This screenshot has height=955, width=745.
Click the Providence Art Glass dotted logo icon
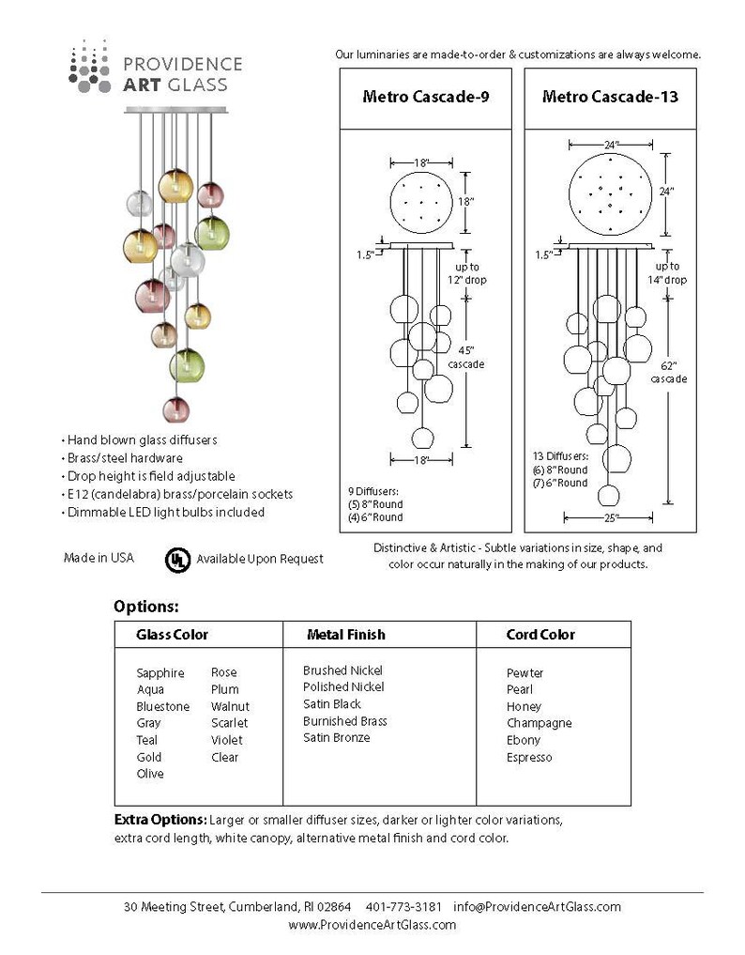tap(89, 67)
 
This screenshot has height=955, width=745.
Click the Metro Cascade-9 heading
tap(425, 97)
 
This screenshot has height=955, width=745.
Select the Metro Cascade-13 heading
tap(610, 97)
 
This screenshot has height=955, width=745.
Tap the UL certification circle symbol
tap(177, 560)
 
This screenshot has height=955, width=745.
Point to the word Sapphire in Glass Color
tap(160, 673)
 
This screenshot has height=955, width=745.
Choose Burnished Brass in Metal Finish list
tap(345, 721)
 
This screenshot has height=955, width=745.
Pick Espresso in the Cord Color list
tap(529, 758)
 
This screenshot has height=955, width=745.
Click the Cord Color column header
tap(540, 635)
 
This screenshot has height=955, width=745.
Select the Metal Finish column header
tap(345, 635)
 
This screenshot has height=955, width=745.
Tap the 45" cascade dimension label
tap(466, 358)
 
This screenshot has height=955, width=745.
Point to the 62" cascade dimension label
tap(668, 372)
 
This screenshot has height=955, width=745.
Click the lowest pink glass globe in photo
tap(175, 409)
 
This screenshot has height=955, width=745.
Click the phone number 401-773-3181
tap(403, 907)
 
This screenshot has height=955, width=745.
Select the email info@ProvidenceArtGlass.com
tap(537, 907)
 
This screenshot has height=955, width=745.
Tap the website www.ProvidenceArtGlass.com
tap(372, 925)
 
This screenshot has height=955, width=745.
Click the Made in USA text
tap(99, 558)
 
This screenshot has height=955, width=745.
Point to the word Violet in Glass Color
tap(226, 741)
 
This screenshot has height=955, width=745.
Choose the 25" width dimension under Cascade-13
tap(610, 518)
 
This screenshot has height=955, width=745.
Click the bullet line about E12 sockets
tap(177, 495)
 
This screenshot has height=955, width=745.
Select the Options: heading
tap(146, 608)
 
